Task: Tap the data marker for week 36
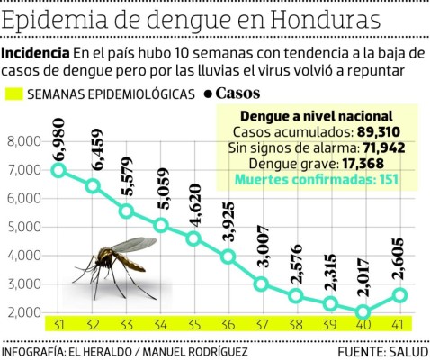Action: (228, 256)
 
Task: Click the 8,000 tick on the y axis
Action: (25, 141)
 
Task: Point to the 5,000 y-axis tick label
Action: (25, 227)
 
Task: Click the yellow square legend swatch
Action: (13, 93)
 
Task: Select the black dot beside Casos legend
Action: (208, 93)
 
